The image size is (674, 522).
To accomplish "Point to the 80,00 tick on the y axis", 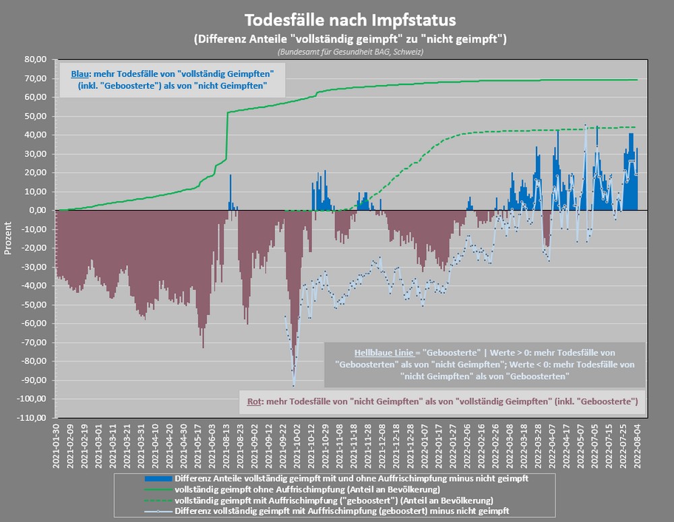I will pyautogui.click(x=33, y=59).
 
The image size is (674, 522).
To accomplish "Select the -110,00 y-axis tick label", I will pyautogui.click(x=31, y=417).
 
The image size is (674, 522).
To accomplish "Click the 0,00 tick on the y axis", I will pyautogui.click(x=35, y=210).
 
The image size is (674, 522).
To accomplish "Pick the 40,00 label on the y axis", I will pyautogui.click(x=33, y=135).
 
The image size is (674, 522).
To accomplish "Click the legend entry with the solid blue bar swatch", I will pyautogui.click(x=350, y=477).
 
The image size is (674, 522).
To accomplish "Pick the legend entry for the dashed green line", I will pyautogui.click(x=334, y=500).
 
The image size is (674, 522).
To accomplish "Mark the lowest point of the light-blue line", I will pyautogui.click(x=294, y=386).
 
